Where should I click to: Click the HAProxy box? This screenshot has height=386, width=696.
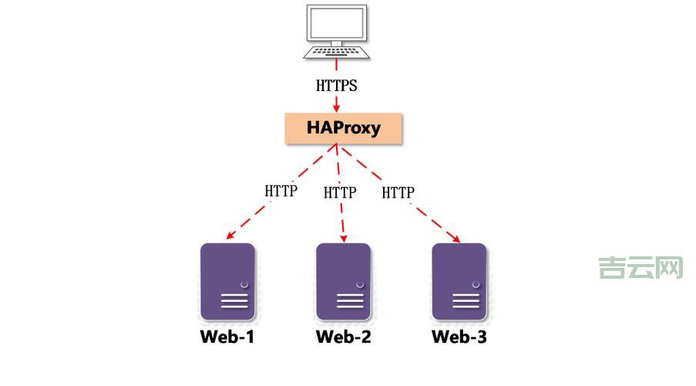click(344, 128)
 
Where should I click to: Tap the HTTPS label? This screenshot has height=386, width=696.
click(337, 86)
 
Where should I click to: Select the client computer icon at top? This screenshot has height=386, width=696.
click(337, 31)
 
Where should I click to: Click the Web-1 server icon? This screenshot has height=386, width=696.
click(227, 281)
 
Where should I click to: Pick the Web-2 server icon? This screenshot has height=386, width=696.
click(343, 281)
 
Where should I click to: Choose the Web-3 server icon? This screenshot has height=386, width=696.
click(459, 281)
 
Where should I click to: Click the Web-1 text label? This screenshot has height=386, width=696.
click(227, 337)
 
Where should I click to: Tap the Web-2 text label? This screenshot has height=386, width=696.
click(343, 337)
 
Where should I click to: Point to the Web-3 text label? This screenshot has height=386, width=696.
click(459, 337)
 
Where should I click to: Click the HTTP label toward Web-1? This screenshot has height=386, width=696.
click(281, 191)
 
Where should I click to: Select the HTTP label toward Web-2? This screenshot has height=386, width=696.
click(340, 192)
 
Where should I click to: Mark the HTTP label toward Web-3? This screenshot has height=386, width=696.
click(398, 192)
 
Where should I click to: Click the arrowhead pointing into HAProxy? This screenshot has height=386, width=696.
click(337, 107)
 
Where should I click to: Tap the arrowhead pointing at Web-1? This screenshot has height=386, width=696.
click(227, 235)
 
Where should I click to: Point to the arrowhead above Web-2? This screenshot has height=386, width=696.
click(343, 235)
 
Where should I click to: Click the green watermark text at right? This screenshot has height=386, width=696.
click(641, 268)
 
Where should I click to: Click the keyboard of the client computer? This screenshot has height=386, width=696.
click(337, 51)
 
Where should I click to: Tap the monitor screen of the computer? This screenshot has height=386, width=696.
click(337, 22)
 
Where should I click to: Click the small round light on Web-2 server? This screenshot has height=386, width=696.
click(360, 285)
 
